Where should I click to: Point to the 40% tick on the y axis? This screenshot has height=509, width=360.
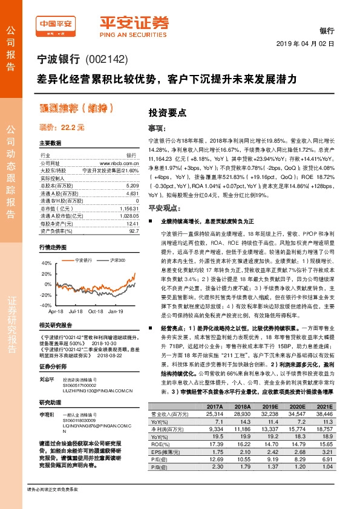pos(47,264)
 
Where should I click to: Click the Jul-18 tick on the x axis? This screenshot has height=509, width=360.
pos(76,311)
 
